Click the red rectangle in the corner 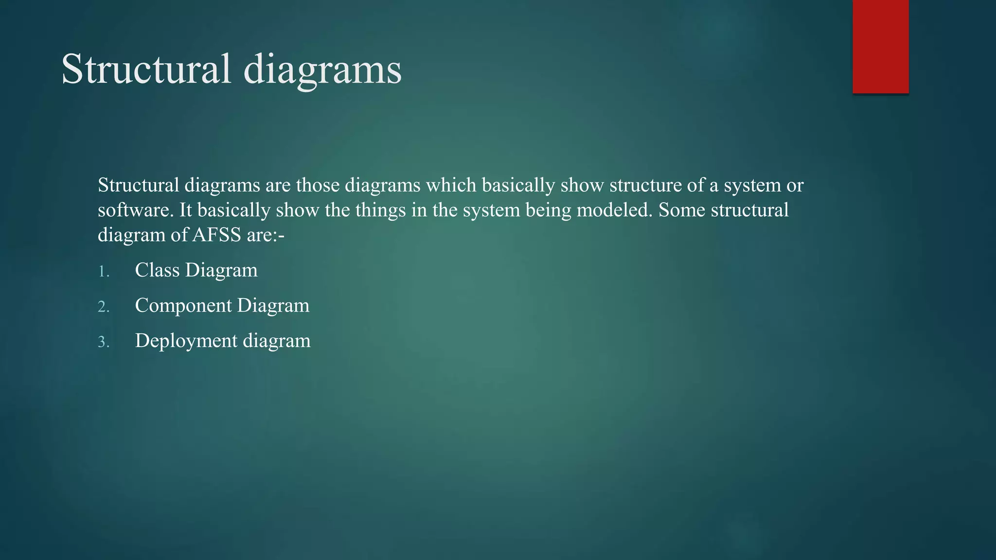(880, 46)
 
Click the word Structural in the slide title (146, 69)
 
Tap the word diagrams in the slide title (322, 69)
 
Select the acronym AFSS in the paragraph (217, 235)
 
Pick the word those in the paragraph (318, 185)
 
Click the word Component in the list (183, 306)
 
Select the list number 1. (104, 272)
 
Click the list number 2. (104, 307)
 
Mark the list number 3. (104, 342)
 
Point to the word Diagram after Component (273, 306)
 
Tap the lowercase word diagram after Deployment (277, 341)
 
